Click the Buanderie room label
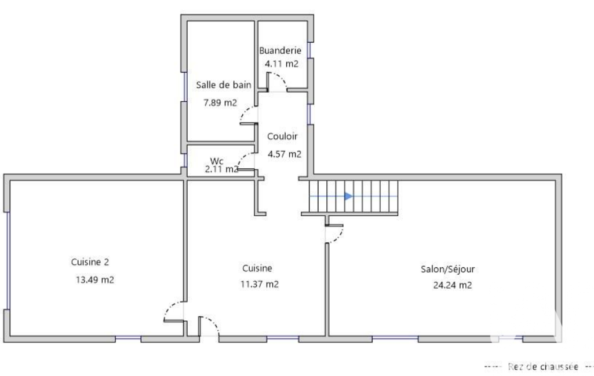click(280, 50)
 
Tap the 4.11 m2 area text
click(282, 64)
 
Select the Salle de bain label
click(224, 84)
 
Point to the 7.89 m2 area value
click(220, 102)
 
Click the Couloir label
click(282, 136)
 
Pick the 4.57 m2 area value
click(285, 154)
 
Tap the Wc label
click(217, 161)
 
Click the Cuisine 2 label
click(90, 262)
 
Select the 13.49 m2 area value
click(94, 280)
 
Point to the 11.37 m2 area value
click(260, 284)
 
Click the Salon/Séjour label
click(448, 270)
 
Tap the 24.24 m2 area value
click(453, 285)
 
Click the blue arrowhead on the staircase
click(348, 196)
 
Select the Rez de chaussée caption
click(543, 367)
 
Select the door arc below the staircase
click(338, 238)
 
